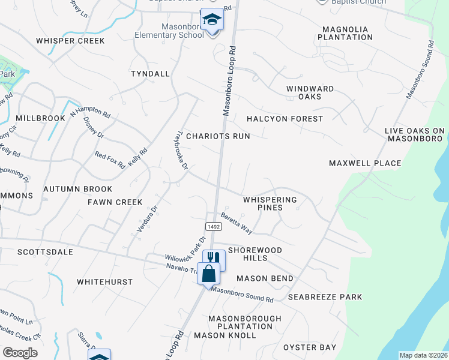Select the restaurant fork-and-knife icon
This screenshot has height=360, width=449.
213,259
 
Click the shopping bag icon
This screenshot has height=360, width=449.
208,274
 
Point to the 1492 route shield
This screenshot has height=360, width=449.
214,226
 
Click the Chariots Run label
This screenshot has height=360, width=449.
218,136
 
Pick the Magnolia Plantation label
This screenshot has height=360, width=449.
347,33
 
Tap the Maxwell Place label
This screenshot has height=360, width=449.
365,163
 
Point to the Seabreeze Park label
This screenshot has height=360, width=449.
325,297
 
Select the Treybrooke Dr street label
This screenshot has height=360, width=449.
182,149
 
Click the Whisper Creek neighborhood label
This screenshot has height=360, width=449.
70,41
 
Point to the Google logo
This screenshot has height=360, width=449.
20,353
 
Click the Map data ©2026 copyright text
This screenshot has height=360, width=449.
423,355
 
